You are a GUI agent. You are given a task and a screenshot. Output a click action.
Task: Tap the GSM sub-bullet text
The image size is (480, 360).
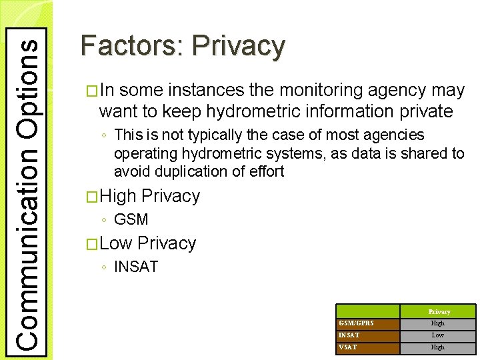(x=131, y=219)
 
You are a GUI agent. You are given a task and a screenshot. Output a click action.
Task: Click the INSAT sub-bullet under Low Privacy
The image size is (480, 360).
(x=136, y=267)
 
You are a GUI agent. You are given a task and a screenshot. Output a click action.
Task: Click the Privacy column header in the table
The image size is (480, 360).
(x=439, y=311)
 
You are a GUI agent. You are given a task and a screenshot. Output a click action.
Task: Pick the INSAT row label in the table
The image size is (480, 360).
(x=349, y=335)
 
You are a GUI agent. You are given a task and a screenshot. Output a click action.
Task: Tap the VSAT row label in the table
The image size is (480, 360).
(x=348, y=347)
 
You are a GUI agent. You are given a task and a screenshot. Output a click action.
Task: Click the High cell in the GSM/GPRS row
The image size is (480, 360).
(x=438, y=323)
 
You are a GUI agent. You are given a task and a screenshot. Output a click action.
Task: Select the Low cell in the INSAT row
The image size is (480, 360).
(x=438, y=335)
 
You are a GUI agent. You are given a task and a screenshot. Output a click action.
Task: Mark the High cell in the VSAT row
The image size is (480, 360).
(x=438, y=347)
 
